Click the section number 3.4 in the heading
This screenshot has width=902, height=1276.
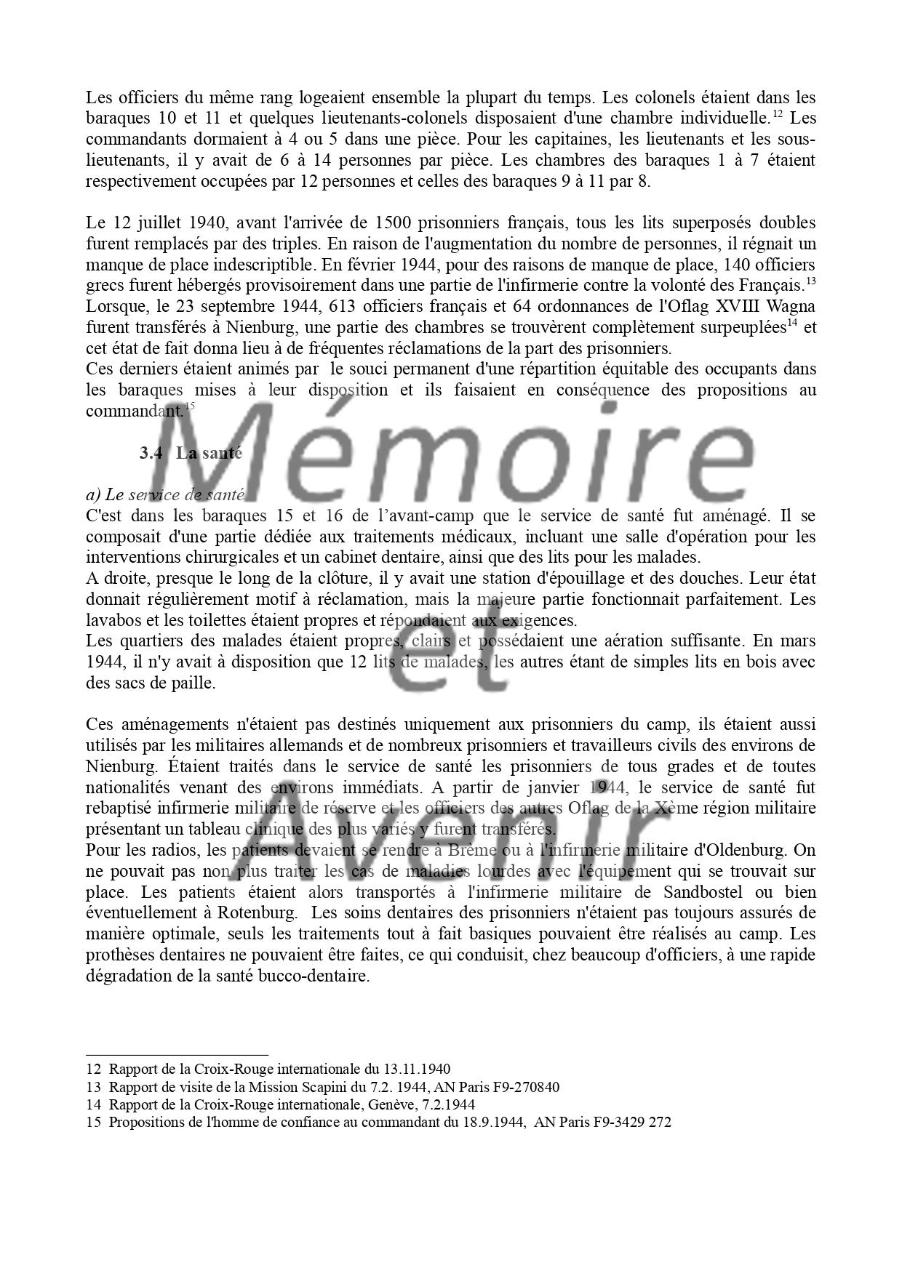[150, 453]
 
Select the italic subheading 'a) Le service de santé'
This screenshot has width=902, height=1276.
[164, 495]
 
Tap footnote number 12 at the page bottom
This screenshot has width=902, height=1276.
[93, 1070]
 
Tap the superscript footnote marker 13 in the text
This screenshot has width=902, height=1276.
[811, 281]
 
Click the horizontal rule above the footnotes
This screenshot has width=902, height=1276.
[177, 1054]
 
